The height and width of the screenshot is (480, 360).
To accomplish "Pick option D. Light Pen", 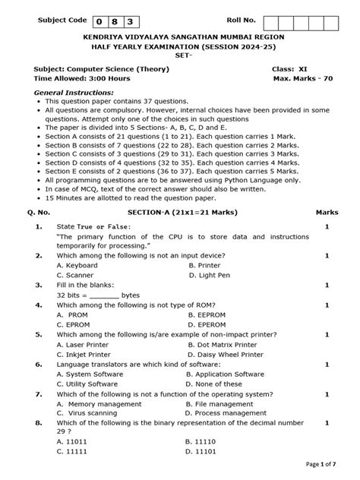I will coord(211,275).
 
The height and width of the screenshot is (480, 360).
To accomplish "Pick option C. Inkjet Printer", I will coord(83,354).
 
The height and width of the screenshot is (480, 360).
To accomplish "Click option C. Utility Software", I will coord(87,384).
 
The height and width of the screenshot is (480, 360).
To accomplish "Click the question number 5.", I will coord(38,333).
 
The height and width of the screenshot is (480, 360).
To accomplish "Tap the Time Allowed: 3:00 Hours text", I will coord(82,78).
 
